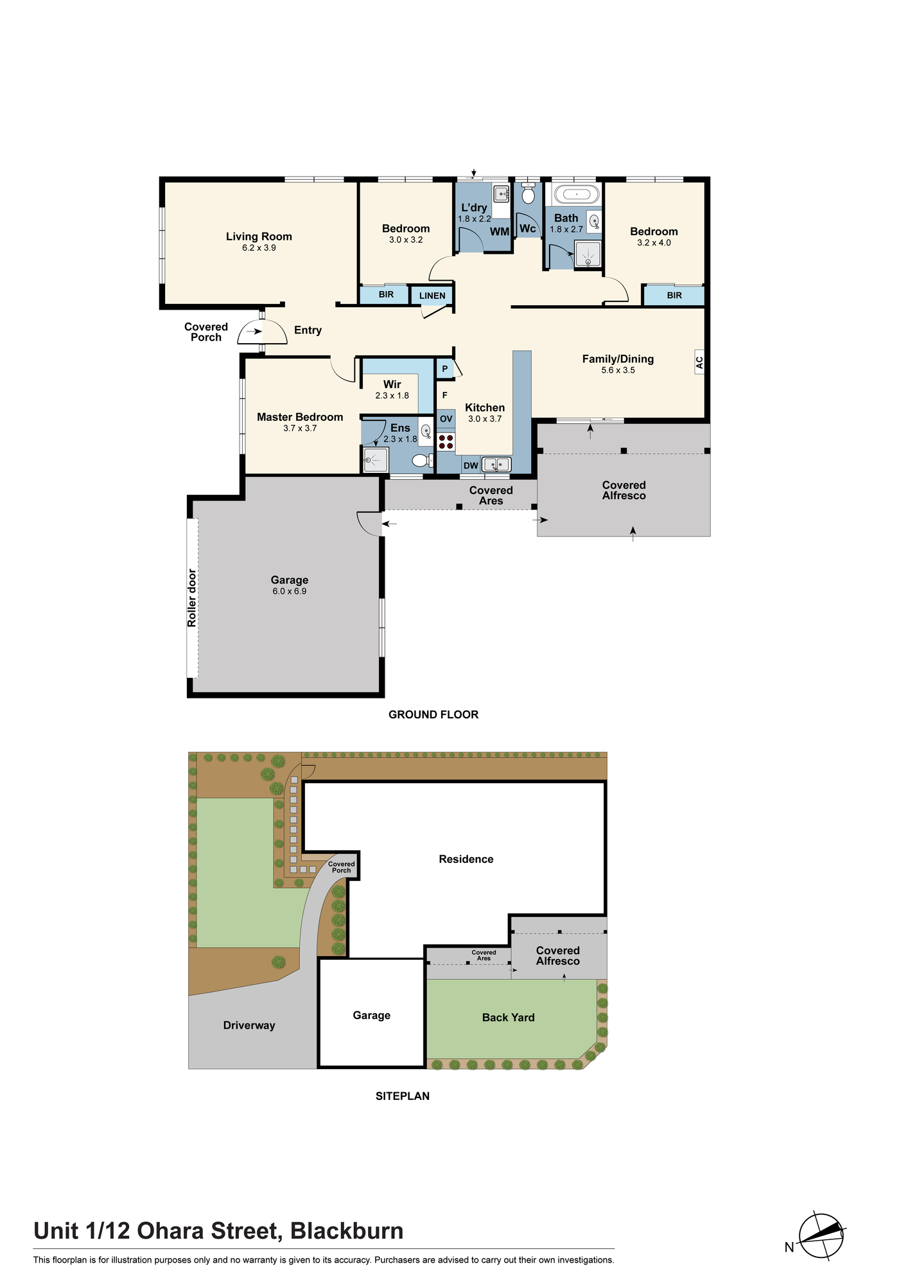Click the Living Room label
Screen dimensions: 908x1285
[x=259, y=236]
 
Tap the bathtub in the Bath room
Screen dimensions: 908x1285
[x=577, y=193]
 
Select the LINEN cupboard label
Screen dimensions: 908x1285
[x=432, y=296]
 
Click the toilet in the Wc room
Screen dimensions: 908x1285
[x=528, y=193]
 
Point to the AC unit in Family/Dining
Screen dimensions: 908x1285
[x=699, y=362]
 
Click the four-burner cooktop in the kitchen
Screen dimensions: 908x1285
[x=446, y=441]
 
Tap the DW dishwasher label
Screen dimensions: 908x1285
[x=471, y=466]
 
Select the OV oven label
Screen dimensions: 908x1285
[x=446, y=419]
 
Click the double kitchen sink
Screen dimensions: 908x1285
[x=496, y=464]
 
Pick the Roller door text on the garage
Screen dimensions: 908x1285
[x=192, y=598]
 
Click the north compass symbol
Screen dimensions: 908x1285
[x=821, y=1236]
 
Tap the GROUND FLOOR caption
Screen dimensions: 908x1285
[x=433, y=714]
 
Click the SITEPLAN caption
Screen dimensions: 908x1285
[x=403, y=1096]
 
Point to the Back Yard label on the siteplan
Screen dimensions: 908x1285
[x=508, y=1017]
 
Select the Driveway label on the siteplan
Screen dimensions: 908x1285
[x=249, y=1025]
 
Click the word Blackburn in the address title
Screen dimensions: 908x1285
[x=347, y=1231]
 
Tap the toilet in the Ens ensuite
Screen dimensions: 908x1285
[x=421, y=460]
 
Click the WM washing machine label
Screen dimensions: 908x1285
[x=500, y=231]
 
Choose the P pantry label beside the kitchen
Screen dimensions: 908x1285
[x=444, y=369]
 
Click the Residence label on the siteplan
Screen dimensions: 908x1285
[x=466, y=859]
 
